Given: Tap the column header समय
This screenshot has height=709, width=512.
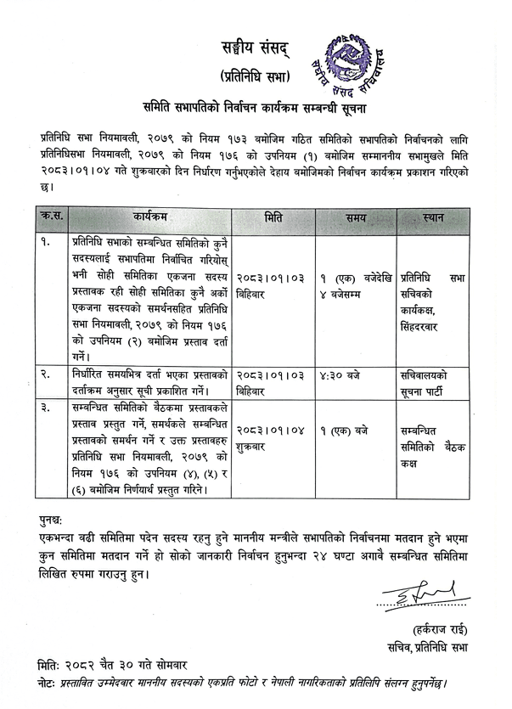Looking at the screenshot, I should [356, 219].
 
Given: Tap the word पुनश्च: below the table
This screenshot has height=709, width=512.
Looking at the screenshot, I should [56, 520].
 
